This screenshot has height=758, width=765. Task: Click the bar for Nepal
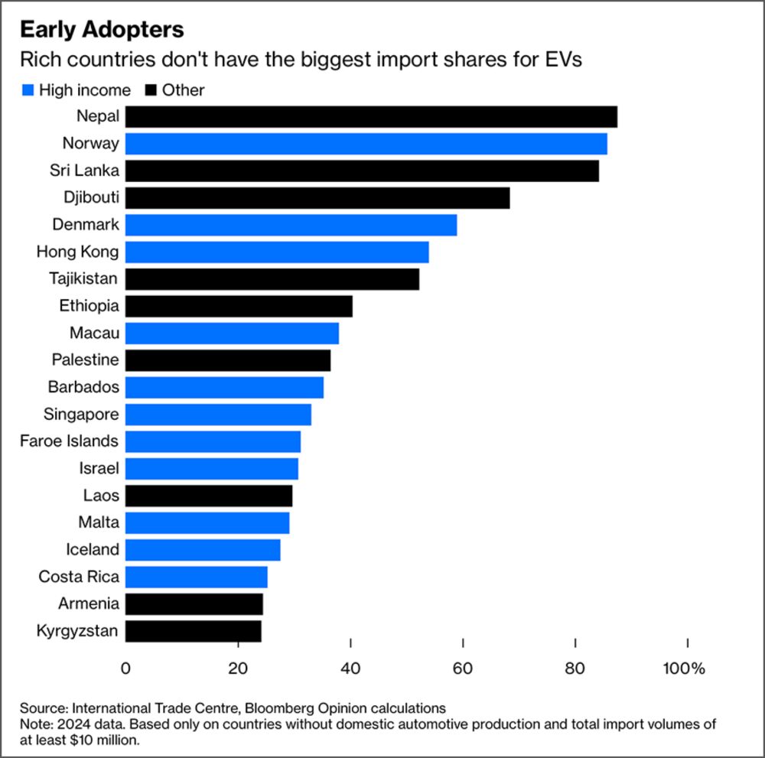(371, 117)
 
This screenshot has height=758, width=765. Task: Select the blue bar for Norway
(366, 144)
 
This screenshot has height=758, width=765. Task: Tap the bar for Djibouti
(317, 198)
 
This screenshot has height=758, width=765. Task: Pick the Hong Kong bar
(277, 252)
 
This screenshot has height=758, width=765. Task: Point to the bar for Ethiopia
(239, 306)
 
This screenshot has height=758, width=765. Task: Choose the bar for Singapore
(218, 415)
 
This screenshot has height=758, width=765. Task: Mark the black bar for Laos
(209, 496)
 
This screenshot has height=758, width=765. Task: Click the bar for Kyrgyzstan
(194, 631)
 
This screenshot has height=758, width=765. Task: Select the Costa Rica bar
(197, 577)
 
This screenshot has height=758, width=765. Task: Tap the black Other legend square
(148, 90)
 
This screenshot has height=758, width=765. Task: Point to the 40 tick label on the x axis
(350, 668)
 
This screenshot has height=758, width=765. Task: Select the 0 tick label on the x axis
(125, 668)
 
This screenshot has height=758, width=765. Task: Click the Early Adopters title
(102, 30)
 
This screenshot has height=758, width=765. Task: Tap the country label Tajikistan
(83, 279)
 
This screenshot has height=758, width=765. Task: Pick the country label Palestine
(85, 360)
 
